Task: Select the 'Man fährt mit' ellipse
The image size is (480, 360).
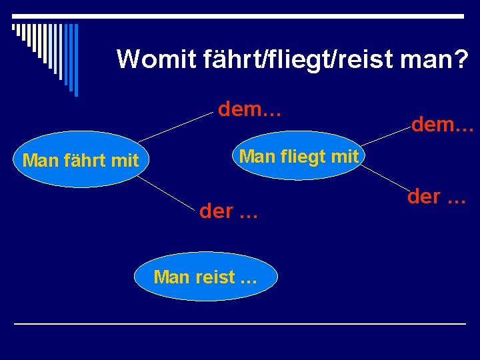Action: coord(81,161)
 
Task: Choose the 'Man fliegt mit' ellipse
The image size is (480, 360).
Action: coord(299,157)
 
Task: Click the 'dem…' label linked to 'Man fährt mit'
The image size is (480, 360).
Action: coord(250,109)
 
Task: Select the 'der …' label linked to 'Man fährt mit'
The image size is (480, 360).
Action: coord(228,211)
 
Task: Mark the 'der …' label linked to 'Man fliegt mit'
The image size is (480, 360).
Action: coord(436,197)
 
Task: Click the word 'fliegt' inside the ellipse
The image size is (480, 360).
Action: coord(304,157)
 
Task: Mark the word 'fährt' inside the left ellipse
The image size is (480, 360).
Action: coord(89,161)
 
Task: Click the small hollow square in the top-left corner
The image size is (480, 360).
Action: coord(14,27)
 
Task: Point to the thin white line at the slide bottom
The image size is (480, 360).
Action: coord(240,323)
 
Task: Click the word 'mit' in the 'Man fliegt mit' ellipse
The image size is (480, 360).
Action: coord(345,157)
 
